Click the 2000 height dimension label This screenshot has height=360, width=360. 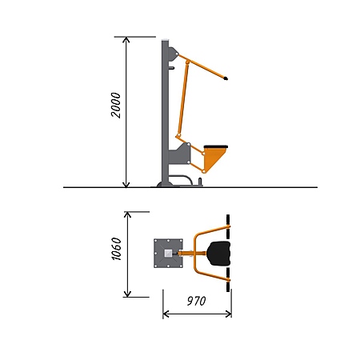point(116,105)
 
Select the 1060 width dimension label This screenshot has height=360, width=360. point(116,249)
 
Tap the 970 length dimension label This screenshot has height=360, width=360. point(197,301)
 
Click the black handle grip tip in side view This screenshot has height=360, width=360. point(226,78)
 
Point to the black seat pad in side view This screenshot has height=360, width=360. point(216,147)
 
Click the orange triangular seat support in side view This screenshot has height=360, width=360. point(213,158)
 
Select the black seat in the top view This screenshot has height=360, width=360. point(219,254)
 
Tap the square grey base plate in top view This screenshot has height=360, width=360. point(168,254)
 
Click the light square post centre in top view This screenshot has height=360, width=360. point(168,254)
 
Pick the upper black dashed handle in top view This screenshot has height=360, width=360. point(228,226)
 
